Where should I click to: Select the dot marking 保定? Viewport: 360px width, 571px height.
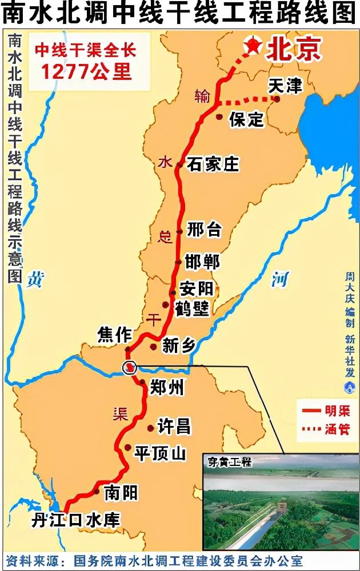click(x=219, y=116)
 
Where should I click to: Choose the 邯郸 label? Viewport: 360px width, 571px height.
click(x=202, y=262)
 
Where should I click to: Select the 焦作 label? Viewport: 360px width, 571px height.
click(x=115, y=335)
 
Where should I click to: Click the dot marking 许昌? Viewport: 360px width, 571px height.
click(x=150, y=428)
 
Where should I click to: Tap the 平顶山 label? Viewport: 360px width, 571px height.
click(x=160, y=453)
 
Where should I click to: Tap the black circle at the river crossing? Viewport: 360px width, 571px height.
click(x=130, y=367)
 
